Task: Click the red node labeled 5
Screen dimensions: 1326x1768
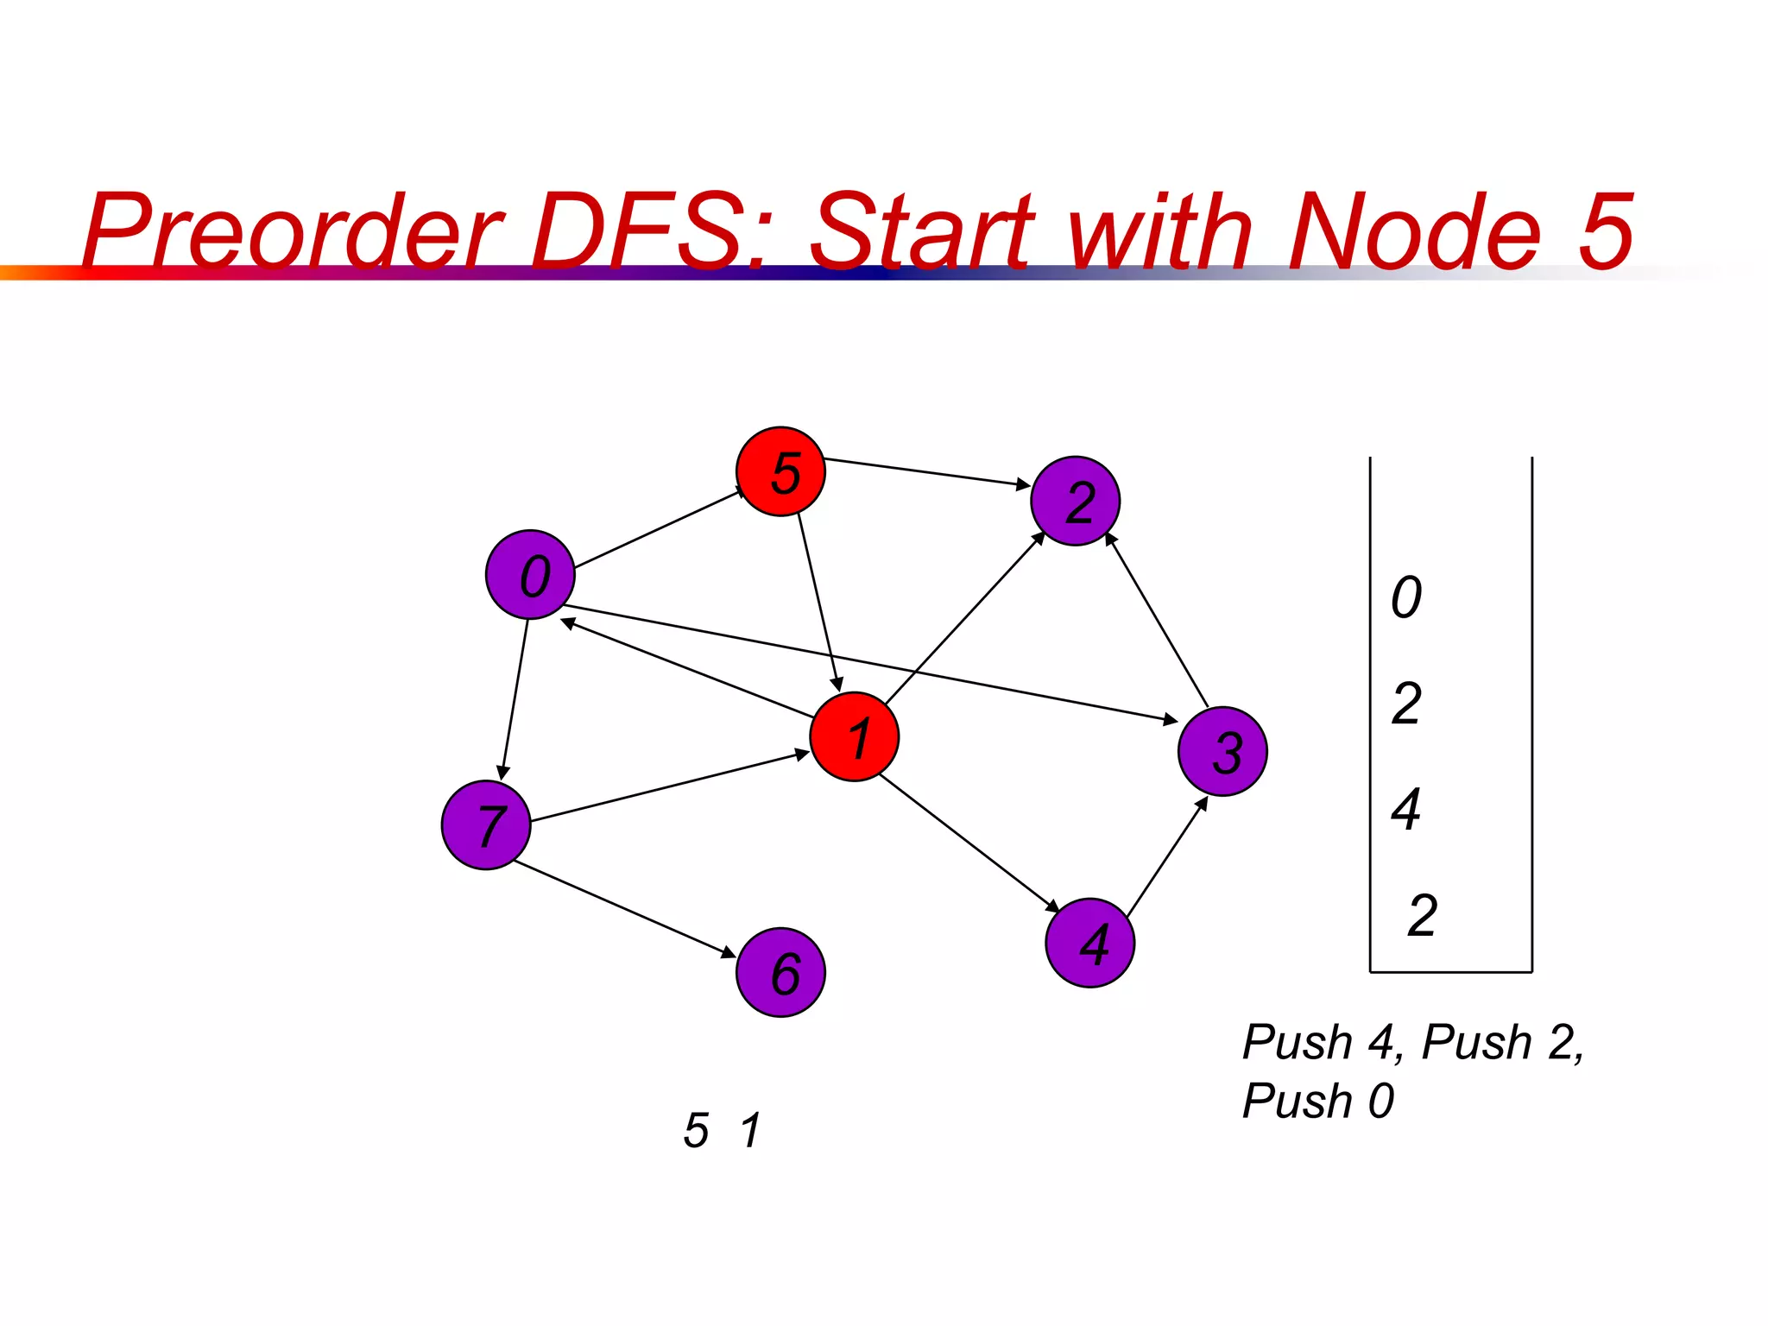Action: [x=780, y=471]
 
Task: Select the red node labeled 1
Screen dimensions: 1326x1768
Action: [x=855, y=736]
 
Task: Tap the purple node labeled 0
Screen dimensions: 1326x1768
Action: [x=530, y=574]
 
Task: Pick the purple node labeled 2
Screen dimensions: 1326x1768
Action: [x=1075, y=501]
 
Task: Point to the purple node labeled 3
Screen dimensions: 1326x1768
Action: [x=1222, y=751]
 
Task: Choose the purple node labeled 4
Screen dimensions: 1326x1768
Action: [x=1089, y=943]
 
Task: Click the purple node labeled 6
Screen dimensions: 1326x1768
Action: [x=780, y=973]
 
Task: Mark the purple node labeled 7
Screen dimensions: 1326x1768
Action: [x=485, y=824]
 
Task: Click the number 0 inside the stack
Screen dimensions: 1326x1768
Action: [x=1406, y=597]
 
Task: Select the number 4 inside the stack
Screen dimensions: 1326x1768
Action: [x=1406, y=810]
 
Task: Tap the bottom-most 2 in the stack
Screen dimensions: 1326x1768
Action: [x=1422, y=915]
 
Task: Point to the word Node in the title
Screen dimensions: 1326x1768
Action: [x=1413, y=231]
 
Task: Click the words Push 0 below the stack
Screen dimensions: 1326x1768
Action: [x=1317, y=1101]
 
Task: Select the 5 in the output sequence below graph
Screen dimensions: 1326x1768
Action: [x=696, y=1130]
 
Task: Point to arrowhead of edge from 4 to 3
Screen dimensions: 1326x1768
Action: [x=1203, y=803]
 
